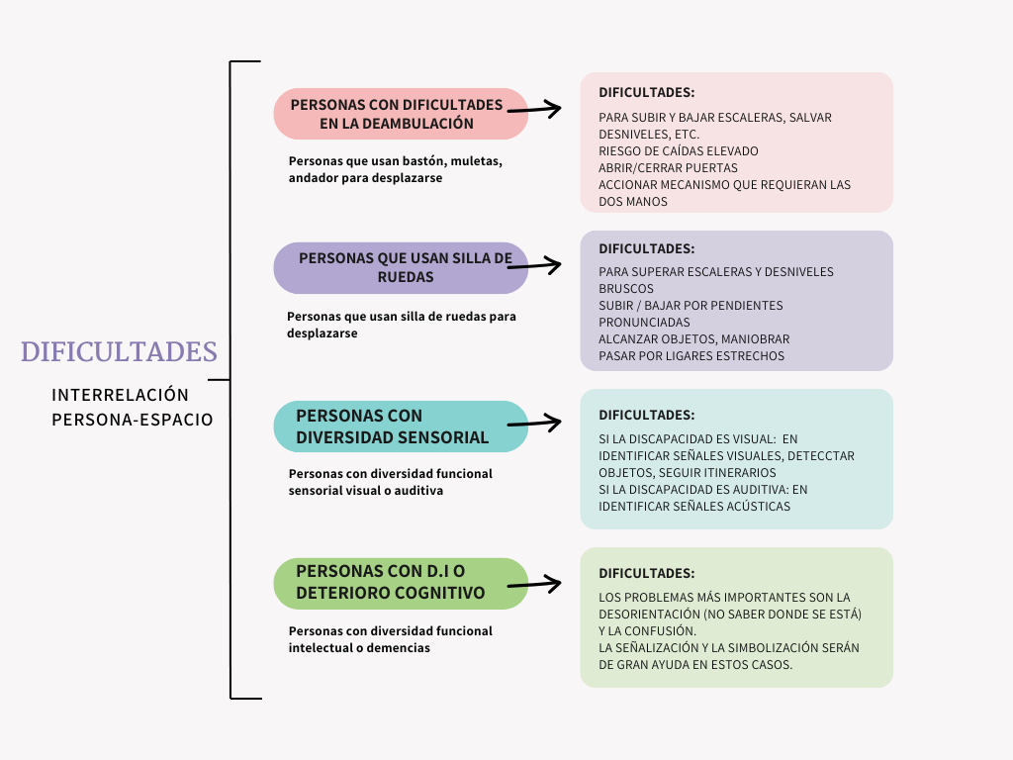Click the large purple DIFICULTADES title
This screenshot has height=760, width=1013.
(x=119, y=352)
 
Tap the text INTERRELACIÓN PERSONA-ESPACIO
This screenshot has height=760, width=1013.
(x=132, y=407)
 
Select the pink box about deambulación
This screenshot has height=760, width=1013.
(x=396, y=114)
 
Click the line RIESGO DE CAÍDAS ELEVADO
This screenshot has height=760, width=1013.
(x=679, y=151)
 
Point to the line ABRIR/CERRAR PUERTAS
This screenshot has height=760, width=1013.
(x=668, y=168)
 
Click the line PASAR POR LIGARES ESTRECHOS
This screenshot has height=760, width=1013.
(x=691, y=356)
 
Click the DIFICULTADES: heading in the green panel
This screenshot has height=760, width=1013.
(x=647, y=573)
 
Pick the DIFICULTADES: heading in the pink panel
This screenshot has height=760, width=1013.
(x=647, y=92)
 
